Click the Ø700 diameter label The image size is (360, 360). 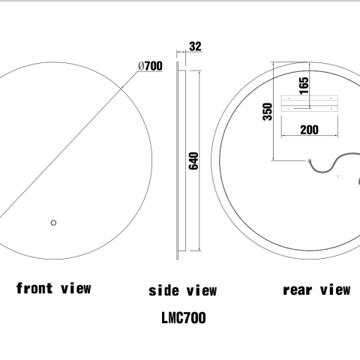(x=150, y=66)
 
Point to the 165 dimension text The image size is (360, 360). (x=304, y=83)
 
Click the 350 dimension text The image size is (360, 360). (x=268, y=112)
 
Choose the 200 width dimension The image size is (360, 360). (x=308, y=130)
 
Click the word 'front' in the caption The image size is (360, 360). (x=35, y=287)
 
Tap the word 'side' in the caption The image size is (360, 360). (x=163, y=290)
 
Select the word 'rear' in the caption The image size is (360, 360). (x=297, y=289)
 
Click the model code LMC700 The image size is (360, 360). (x=183, y=318)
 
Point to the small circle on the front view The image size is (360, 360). (x=52, y=222)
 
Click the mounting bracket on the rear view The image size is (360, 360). (x=308, y=103)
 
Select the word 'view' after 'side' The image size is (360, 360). (x=201, y=290)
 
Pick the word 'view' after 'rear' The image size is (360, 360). (x=334, y=289)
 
